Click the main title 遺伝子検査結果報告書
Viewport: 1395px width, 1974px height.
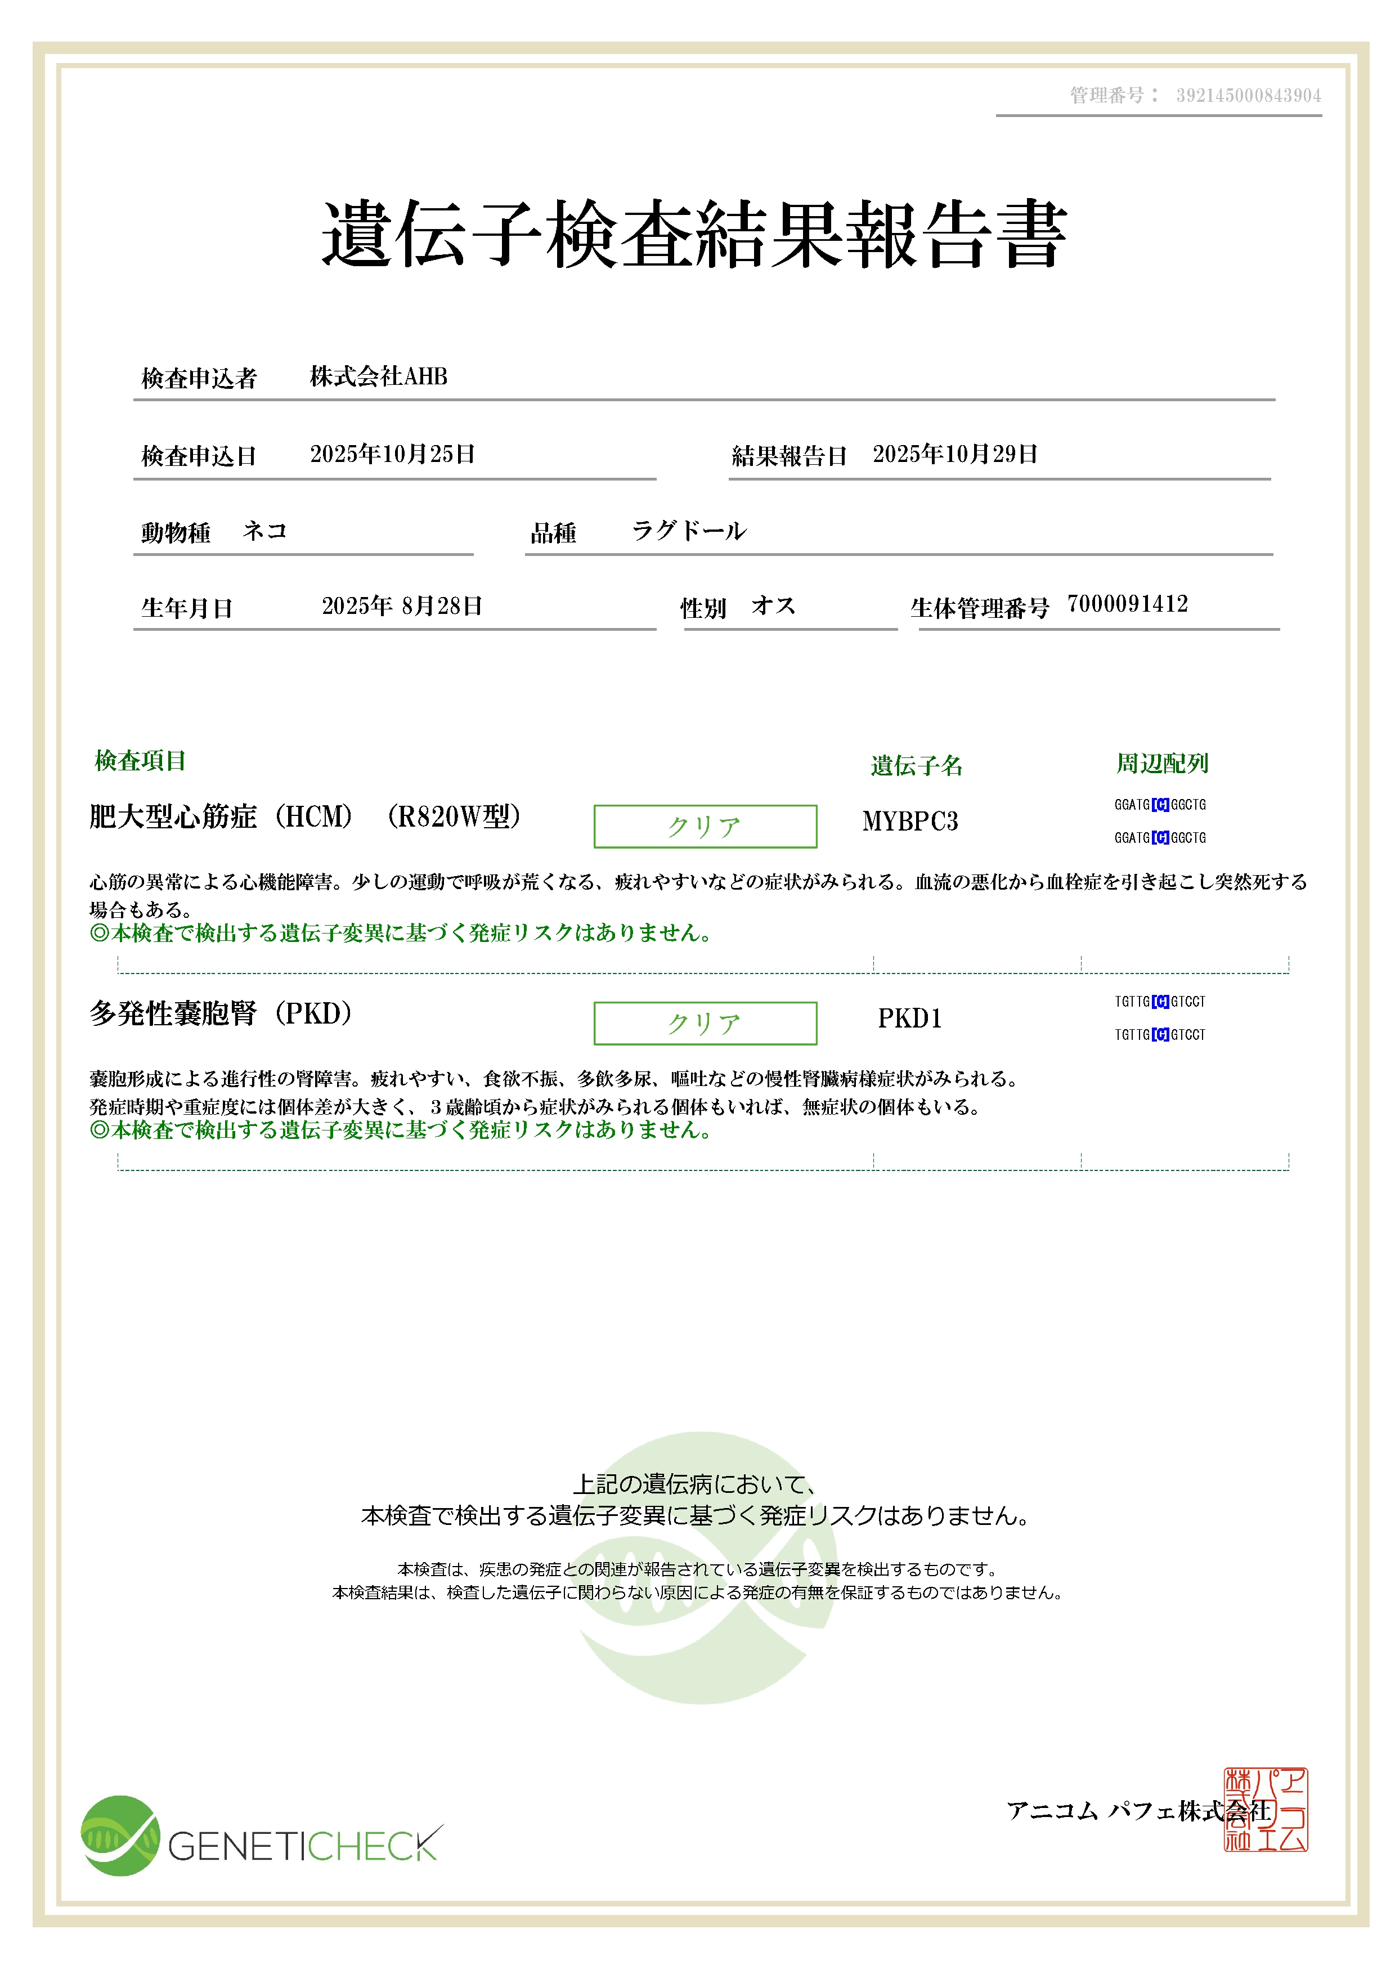[694, 234]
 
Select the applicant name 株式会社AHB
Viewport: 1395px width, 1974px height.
[378, 376]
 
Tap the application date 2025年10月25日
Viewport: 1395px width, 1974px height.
[393, 454]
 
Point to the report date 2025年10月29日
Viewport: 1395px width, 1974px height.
[955, 454]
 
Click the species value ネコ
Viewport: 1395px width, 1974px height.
[264, 531]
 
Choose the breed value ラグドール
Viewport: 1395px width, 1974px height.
[688, 531]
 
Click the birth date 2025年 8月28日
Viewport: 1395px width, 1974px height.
[401, 606]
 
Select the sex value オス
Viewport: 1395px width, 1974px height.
[773, 606]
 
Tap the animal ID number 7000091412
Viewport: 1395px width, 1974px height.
[1127, 604]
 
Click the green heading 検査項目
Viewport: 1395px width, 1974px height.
[140, 761]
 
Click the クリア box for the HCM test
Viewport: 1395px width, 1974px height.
[705, 826]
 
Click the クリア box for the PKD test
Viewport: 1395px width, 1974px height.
[705, 1023]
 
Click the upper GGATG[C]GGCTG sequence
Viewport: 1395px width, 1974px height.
[1159, 805]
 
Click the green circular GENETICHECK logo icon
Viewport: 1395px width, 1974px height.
[120, 1836]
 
